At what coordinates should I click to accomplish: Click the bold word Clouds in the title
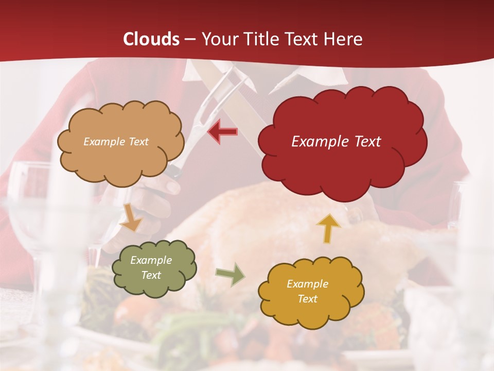[x=151, y=39]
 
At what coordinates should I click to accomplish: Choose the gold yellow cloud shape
[x=311, y=291]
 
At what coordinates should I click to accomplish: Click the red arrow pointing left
[x=223, y=132]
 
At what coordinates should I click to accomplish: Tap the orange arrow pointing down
[x=131, y=218]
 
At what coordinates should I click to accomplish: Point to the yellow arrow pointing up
[x=329, y=228]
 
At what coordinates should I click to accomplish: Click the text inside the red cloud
[x=336, y=142]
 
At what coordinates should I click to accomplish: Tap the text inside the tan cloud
[x=116, y=142]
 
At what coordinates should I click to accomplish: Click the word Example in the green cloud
[x=151, y=260]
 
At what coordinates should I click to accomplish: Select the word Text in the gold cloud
[x=307, y=299]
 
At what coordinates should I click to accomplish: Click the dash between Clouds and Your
[x=190, y=40]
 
